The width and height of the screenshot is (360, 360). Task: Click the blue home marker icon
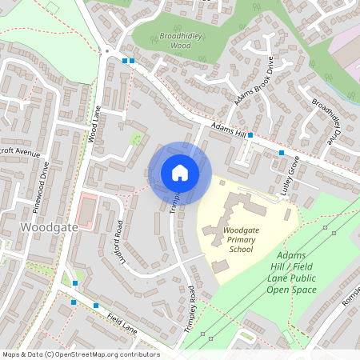click(180, 173)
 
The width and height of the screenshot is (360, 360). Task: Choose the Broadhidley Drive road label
click(326, 121)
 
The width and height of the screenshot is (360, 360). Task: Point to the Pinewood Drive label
click(40, 186)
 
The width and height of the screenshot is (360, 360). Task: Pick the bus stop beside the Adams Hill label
click(250, 134)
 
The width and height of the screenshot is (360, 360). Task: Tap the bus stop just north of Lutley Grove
click(282, 152)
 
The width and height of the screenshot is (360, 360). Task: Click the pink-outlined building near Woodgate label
click(86, 210)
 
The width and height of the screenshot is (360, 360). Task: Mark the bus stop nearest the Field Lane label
click(96, 305)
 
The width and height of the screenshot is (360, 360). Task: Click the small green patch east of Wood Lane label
click(135, 139)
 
